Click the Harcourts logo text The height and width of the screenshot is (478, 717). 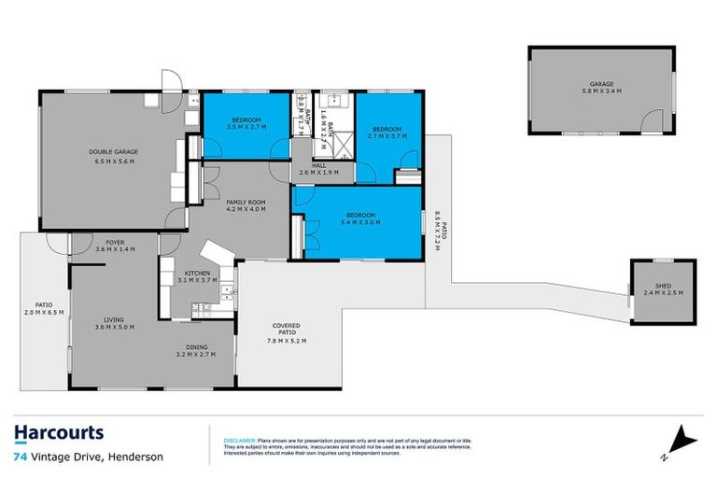59,432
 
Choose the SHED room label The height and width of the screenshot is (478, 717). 662,286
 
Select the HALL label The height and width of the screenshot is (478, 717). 319,165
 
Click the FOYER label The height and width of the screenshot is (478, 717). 115,243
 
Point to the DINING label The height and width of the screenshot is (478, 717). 196,346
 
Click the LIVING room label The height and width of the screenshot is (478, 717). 115,319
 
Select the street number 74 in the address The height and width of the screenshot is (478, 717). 20,457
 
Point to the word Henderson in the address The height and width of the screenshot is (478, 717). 136,457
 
